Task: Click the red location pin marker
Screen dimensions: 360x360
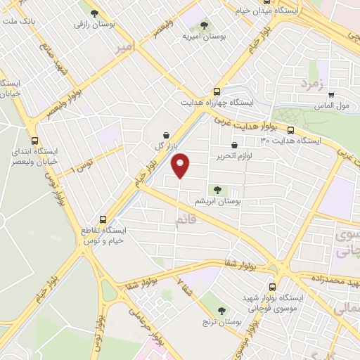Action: pyautogui.click(x=181, y=165)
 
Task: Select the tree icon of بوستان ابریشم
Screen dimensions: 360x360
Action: pyautogui.click(x=217, y=188)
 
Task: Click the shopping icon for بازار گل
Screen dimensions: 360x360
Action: pyautogui.click(x=165, y=134)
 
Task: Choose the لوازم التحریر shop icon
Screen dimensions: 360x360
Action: pyautogui.click(x=243, y=145)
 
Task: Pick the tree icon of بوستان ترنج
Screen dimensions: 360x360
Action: pyautogui.click(x=222, y=309)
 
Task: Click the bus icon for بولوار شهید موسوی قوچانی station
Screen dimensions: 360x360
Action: pyautogui.click(x=272, y=286)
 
